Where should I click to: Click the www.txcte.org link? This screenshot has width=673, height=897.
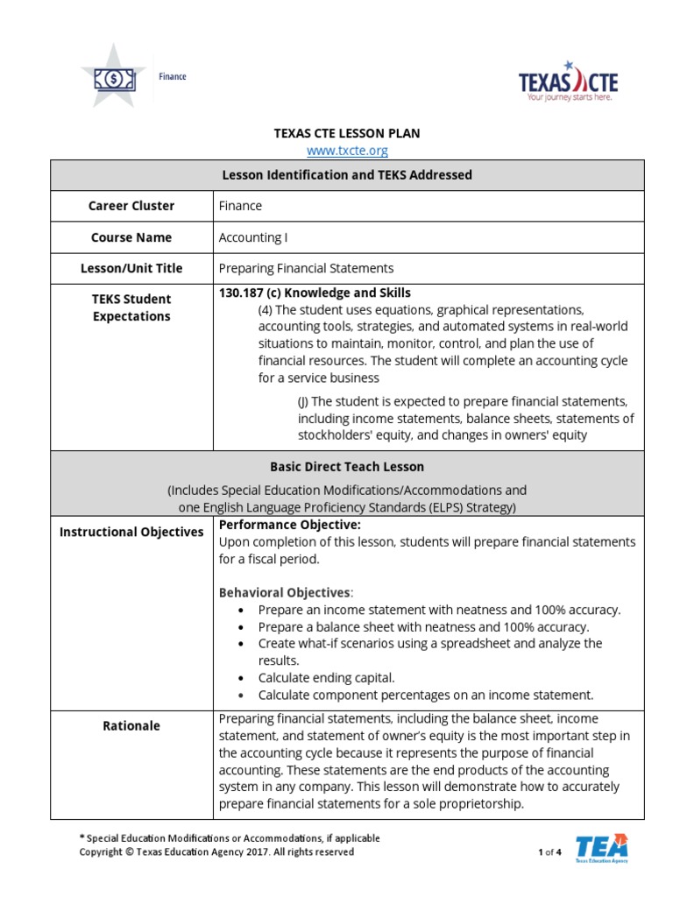[x=347, y=151]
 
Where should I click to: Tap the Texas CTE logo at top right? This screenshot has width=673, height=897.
[x=568, y=81]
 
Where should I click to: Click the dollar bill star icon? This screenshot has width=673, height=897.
[x=115, y=79]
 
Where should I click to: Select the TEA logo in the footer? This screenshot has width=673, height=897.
[x=602, y=849]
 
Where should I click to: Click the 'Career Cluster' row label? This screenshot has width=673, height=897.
[x=131, y=206]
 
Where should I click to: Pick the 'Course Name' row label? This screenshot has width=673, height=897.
[x=131, y=237]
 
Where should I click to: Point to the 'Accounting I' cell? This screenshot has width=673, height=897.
[x=252, y=237]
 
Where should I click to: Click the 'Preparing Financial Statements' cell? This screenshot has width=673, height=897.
[x=306, y=268]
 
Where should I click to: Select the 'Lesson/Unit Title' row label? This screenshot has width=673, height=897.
[x=131, y=268]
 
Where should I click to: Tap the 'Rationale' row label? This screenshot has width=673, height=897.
[x=131, y=726]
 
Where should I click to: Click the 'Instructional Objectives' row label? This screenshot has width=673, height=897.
[x=131, y=532]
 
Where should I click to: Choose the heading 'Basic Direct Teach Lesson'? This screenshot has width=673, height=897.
[x=347, y=467]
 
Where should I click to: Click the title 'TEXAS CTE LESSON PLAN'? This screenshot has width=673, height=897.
[x=347, y=133]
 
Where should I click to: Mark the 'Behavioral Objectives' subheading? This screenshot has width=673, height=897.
[x=284, y=593]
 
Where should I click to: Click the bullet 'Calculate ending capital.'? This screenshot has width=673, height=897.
[x=327, y=678]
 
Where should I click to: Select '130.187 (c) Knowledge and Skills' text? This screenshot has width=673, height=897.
[x=315, y=293]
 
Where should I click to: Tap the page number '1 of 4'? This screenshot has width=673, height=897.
[x=549, y=852]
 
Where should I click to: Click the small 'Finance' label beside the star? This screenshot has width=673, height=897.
[x=172, y=76]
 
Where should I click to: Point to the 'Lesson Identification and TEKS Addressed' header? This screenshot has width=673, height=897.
[x=347, y=174]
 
